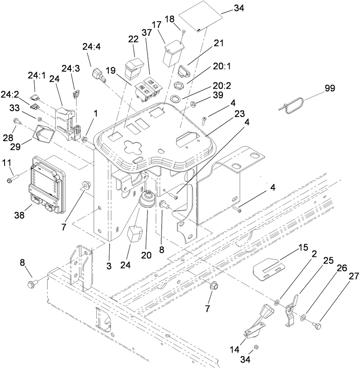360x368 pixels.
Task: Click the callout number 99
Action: click(330, 88)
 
